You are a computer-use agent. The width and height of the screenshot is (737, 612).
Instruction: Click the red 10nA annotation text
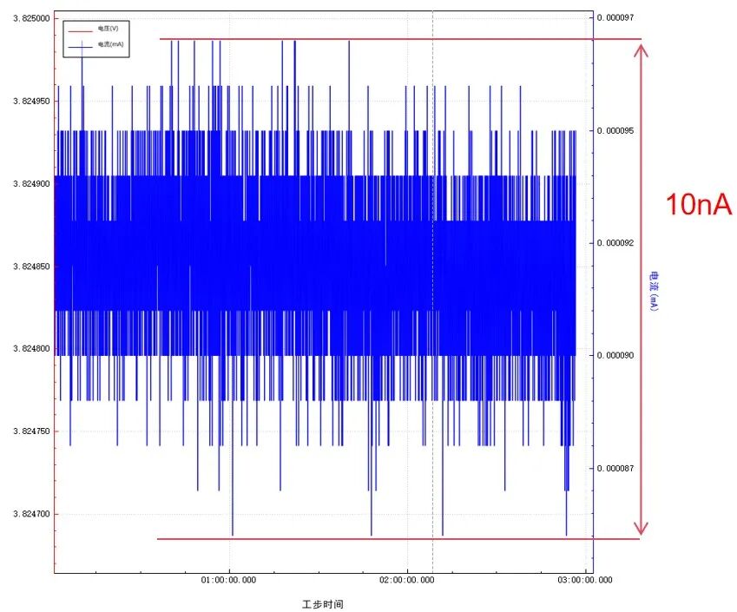tap(699, 205)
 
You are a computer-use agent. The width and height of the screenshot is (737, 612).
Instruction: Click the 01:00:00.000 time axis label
tap(228, 580)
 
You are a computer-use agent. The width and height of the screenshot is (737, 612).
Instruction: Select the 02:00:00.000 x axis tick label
tap(407, 580)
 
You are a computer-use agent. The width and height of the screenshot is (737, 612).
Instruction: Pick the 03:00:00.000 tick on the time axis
tap(585, 580)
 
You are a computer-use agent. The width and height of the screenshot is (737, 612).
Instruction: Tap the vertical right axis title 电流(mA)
tap(654, 291)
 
